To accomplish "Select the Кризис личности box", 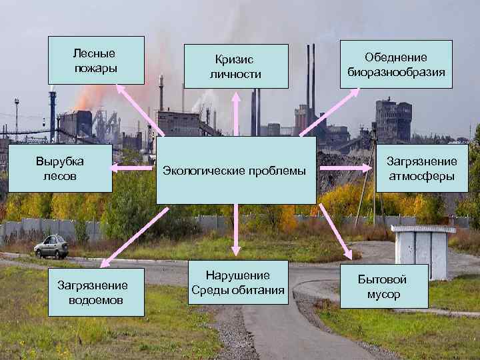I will pos(237,66).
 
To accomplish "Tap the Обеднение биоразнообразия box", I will pos(396,64).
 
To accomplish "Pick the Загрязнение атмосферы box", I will pos(422,169).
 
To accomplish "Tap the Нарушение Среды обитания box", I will pos(237,283).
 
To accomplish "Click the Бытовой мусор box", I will pos(383,287).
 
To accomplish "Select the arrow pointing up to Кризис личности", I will pos(235,113).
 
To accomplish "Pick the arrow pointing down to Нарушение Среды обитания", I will pos(235,230).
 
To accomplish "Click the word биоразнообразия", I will pos(396,71).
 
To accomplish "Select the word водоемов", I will pos(96,299).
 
